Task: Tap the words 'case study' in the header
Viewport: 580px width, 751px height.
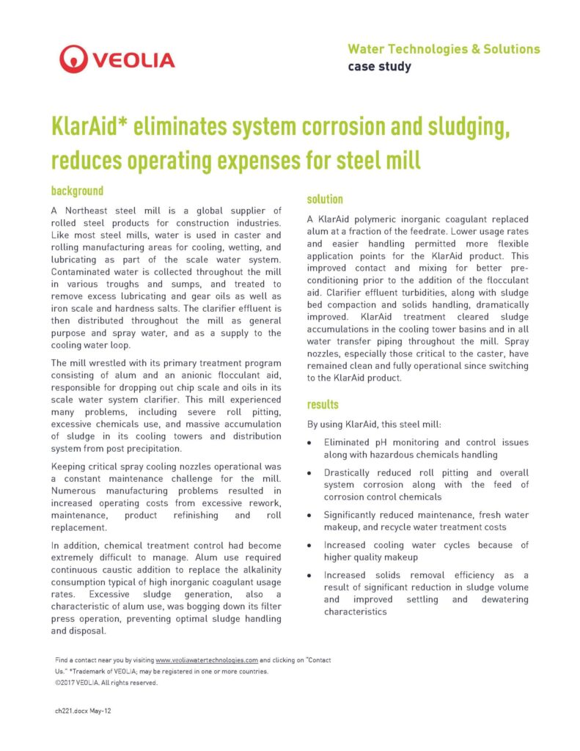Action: (379, 67)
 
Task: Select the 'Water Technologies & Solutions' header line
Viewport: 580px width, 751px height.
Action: (443, 49)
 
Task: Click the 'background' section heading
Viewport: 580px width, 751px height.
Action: (77, 191)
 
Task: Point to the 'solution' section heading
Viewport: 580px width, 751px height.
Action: (325, 199)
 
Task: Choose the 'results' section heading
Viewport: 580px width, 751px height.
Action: (323, 404)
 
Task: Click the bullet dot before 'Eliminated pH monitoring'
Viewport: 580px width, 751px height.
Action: (312, 444)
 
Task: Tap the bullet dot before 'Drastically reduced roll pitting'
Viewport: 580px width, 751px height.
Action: (312, 474)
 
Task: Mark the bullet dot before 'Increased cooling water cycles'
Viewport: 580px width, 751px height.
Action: (312, 546)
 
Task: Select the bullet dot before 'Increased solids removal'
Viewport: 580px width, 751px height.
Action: (312, 576)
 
